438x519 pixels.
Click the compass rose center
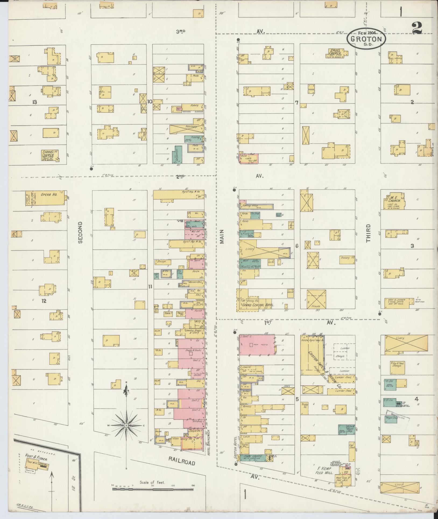(126, 425)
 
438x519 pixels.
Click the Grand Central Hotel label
(258, 305)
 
